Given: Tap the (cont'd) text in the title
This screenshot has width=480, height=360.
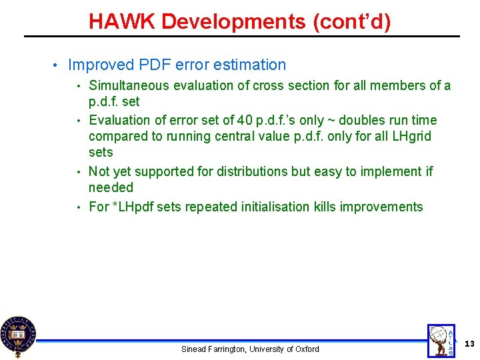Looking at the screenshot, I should tap(352, 22).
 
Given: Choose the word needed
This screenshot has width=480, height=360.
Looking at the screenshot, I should tap(111, 188).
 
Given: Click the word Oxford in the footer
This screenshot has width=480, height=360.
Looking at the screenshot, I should tap(306, 349).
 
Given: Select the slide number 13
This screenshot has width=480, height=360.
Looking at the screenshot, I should tap(469, 343).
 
